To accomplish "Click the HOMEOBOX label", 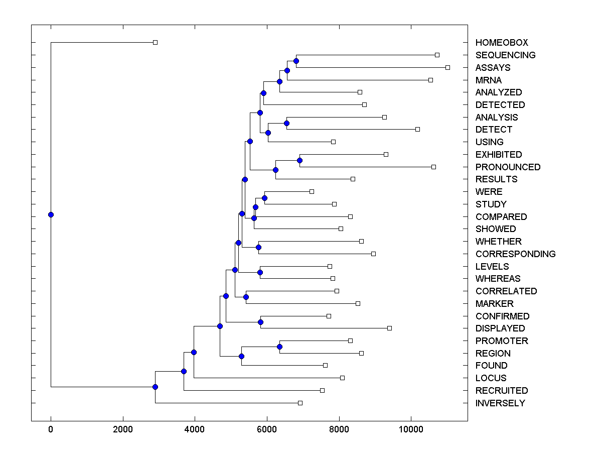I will [502, 43].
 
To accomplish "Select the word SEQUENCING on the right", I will [505, 55].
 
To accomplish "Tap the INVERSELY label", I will [500, 403].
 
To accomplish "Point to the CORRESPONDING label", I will [515, 254].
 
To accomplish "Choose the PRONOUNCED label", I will [508, 167].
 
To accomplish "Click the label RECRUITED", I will [502, 391].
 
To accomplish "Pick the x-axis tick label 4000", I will [195, 429].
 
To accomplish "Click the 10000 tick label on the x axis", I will [411, 429].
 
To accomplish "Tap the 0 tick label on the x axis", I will [51, 429].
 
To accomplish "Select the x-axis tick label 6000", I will [267, 429].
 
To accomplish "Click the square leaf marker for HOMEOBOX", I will [155, 43].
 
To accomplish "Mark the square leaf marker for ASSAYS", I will [447, 67].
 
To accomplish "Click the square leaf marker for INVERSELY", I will [300, 403].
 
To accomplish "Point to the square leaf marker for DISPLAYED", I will [389, 328].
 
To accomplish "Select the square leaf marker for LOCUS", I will [342, 378].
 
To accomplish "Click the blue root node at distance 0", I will [51, 215].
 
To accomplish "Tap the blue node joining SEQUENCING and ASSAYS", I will [296, 61].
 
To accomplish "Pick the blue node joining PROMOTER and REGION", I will [279, 347].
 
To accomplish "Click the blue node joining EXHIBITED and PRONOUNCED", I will [299, 160].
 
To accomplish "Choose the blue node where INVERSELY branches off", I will [155, 387].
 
